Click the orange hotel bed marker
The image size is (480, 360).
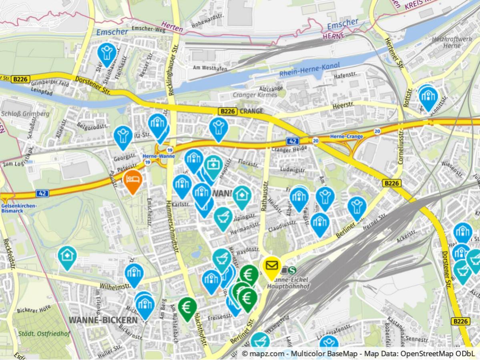132,179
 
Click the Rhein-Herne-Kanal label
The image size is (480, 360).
309,69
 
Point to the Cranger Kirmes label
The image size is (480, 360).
255,95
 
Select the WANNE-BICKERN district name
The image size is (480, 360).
103,320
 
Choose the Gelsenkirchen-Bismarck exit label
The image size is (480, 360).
19,208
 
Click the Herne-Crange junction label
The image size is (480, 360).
346,137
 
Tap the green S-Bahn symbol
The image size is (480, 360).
293,270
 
